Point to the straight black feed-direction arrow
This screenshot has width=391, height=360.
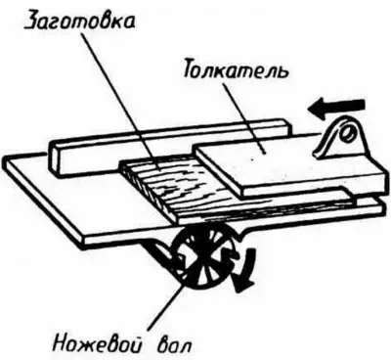click(x=335, y=107)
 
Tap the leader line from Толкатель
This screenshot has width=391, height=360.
click(x=244, y=117)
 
